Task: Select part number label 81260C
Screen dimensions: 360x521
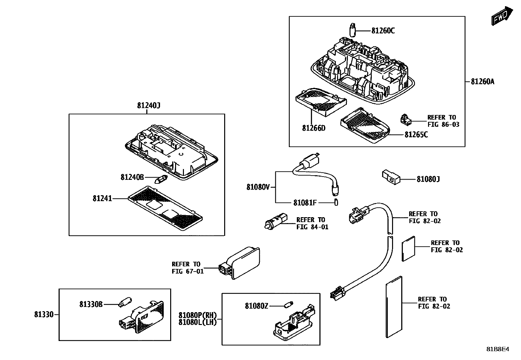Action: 383,31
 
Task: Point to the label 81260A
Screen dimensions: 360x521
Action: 482,82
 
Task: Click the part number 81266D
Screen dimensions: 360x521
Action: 314,128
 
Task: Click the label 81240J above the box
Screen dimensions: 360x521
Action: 148,105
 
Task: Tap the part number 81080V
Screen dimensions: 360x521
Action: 258,187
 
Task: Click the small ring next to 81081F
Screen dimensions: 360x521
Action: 336,202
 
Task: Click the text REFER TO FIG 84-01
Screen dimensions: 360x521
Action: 312,223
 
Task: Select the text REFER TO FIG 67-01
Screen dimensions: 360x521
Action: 188,268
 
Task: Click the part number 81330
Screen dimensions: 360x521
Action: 44,315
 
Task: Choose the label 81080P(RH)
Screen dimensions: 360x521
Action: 197,315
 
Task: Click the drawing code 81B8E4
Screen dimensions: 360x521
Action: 497,349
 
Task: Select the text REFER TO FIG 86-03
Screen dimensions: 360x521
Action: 443,121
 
